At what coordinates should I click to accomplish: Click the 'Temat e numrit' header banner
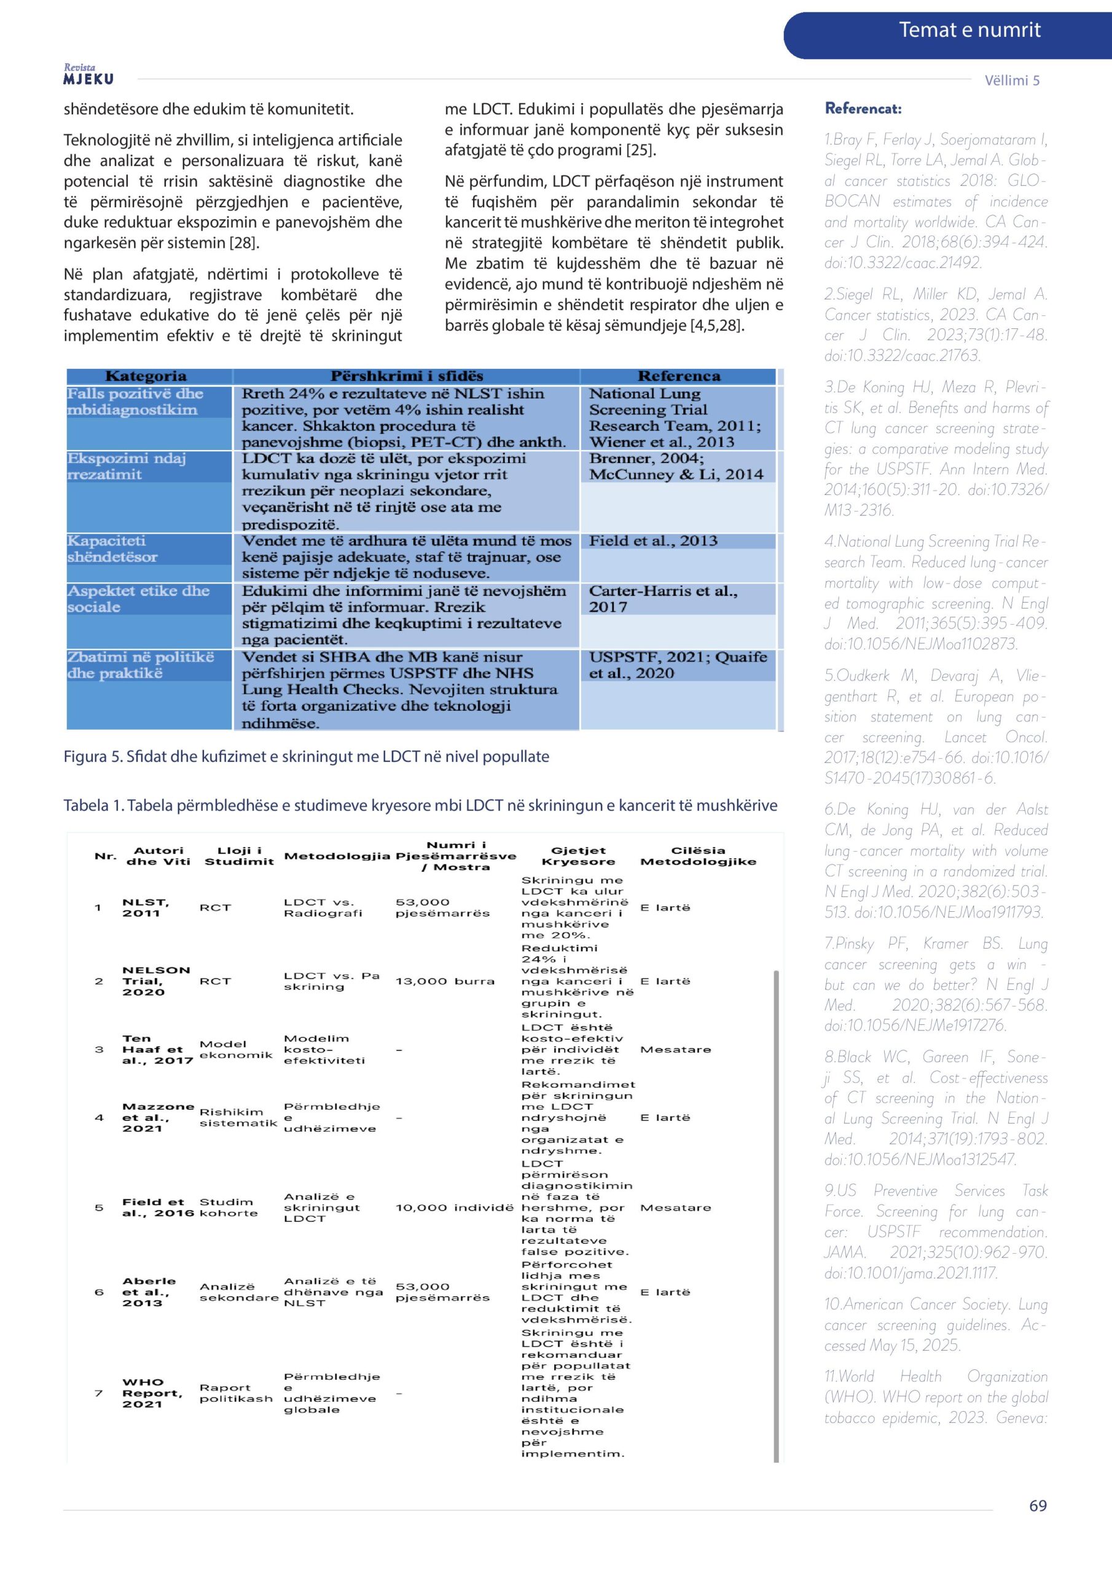click(x=968, y=30)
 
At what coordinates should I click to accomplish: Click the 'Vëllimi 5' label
click(x=1011, y=80)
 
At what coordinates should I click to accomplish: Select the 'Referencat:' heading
click(x=863, y=108)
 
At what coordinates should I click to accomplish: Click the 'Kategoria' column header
click(x=146, y=376)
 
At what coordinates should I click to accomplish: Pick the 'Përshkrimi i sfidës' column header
click(x=406, y=376)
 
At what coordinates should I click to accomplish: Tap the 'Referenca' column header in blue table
click(x=678, y=376)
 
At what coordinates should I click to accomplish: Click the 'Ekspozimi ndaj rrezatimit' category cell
click(x=126, y=466)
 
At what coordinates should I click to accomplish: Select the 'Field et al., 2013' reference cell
click(x=653, y=540)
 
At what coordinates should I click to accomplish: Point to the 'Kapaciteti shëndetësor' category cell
click(x=112, y=548)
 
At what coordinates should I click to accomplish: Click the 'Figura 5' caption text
click(x=307, y=756)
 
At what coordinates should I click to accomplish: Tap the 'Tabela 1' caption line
click(x=420, y=805)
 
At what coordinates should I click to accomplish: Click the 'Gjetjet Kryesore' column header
click(x=578, y=855)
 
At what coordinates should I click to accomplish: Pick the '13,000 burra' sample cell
click(x=445, y=981)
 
